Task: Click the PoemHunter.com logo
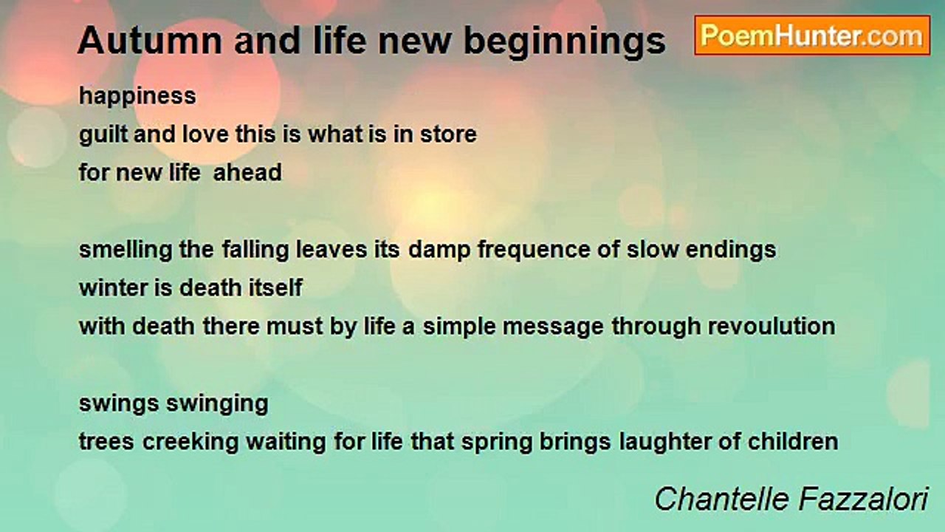pyautogui.click(x=812, y=35)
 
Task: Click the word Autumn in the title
pyautogui.click(x=150, y=41)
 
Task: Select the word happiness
pyautogui.click(x=137, y=97)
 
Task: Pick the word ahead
pyautogui.click(x=247, y=172)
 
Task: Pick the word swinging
pyautogui.click(x=217, y=404)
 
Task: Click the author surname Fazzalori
pyautogui.click(x=864, y=499)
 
